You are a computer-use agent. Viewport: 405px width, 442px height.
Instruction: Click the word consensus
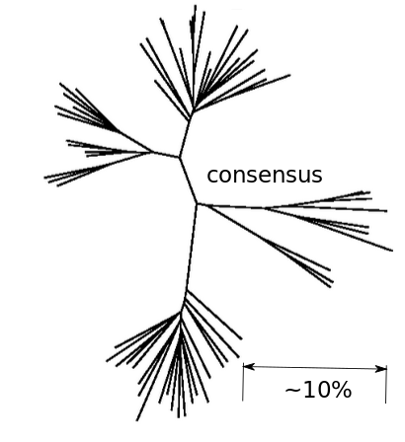pyautogui.click(x=265, y=176)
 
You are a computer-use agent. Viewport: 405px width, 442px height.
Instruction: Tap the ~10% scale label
pyautogui.click(x=318, y=390)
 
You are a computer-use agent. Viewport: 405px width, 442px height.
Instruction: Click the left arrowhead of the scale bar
pyautogui.click(x=249, y=366)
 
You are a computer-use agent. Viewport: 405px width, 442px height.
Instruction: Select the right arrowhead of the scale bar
pyautogui.click(x=381, y=369)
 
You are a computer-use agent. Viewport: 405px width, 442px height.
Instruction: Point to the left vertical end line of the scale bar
pyautogui.click(x=243, y=382)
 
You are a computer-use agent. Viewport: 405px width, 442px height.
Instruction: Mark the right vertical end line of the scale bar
pyautogui.click(x=386, y=385)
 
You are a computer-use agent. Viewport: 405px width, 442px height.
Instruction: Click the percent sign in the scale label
pyautogui.click(x=343, y=390)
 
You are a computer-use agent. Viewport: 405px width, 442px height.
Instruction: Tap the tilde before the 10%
pyautogui.click(x=291, y=391)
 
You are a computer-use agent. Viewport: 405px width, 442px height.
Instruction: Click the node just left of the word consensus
pyautogui.click(x=197, y=204)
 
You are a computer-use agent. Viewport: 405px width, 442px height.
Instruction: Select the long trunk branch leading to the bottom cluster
pyautogui.click(x=192, y=248)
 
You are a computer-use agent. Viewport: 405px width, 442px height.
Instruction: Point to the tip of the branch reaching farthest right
pyautogui.click(x=393, y=251)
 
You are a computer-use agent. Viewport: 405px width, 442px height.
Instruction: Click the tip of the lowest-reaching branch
pyautogui.click(x=137, y=420)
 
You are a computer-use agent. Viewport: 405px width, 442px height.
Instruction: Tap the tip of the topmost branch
pyautogui.click(x=196, y=5)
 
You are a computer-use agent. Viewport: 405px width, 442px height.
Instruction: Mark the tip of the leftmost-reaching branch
pyautogui.click(x=44, y=178)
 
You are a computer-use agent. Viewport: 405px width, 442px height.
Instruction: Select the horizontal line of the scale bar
pyautogui.click(x=315, y=367)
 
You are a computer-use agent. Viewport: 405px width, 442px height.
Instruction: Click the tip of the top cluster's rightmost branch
pyautogui.click(x=290, y=75)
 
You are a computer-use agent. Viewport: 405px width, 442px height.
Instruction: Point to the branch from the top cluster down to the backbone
pyautogui.click(x=186, y=135)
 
